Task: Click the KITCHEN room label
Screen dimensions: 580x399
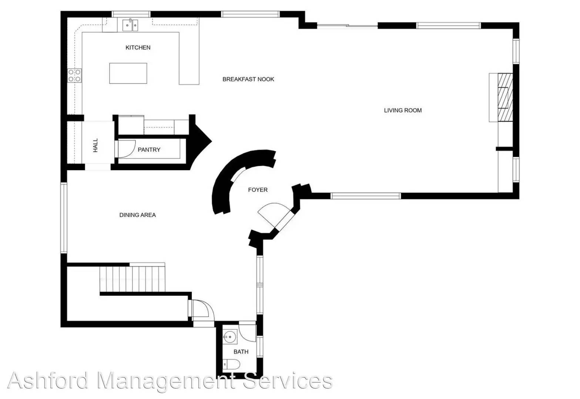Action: (x=138, y=48)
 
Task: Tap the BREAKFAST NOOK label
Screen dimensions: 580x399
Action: (x=248, y=79)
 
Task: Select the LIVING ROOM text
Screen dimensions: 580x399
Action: (x=403, y=110)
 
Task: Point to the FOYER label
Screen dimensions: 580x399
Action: (x=258, y=190)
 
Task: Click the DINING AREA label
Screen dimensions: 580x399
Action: (x=137, y=215)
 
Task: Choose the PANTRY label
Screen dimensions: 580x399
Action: (x=149, y=150)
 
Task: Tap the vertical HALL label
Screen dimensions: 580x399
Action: (x=95, y=145)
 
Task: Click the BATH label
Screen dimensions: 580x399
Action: (x=241, y=352)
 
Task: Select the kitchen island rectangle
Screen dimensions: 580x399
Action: (x=128, y=74)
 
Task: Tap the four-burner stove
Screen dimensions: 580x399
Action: (x=74, y=75)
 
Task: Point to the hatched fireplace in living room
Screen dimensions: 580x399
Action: (x=505, y=98)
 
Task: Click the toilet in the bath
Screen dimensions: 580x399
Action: (x=231, y=364)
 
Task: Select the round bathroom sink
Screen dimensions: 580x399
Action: (x=230, y=337)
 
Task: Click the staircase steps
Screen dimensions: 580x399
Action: (x=132, y=279)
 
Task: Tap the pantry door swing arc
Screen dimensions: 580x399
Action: (x=127, y=149)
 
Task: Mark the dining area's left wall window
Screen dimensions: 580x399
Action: (x=64, y=218)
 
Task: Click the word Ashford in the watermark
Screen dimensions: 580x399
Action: (x=48, y=381)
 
